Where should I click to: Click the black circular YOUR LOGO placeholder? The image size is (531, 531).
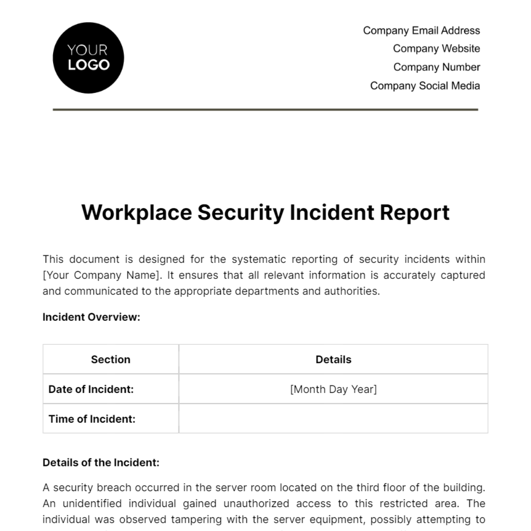[88, 58]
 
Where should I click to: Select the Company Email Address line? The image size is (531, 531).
[421, 31]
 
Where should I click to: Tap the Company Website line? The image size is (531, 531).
[436, 49]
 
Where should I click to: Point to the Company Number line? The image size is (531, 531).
[436, 67]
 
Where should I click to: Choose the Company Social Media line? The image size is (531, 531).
[425, 86]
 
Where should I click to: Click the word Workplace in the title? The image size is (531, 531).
[136, 213]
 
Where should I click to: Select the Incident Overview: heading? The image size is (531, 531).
[91, 317]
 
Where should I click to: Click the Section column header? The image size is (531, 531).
[111, 359]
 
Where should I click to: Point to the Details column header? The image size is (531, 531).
[333, 359]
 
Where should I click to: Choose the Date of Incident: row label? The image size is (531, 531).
[91, 389]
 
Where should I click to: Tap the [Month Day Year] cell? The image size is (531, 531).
[333, 389]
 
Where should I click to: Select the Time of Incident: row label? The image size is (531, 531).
[92, 419]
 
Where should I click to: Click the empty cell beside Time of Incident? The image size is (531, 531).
[333, 419]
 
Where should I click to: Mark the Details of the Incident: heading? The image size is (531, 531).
[101, 463]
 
